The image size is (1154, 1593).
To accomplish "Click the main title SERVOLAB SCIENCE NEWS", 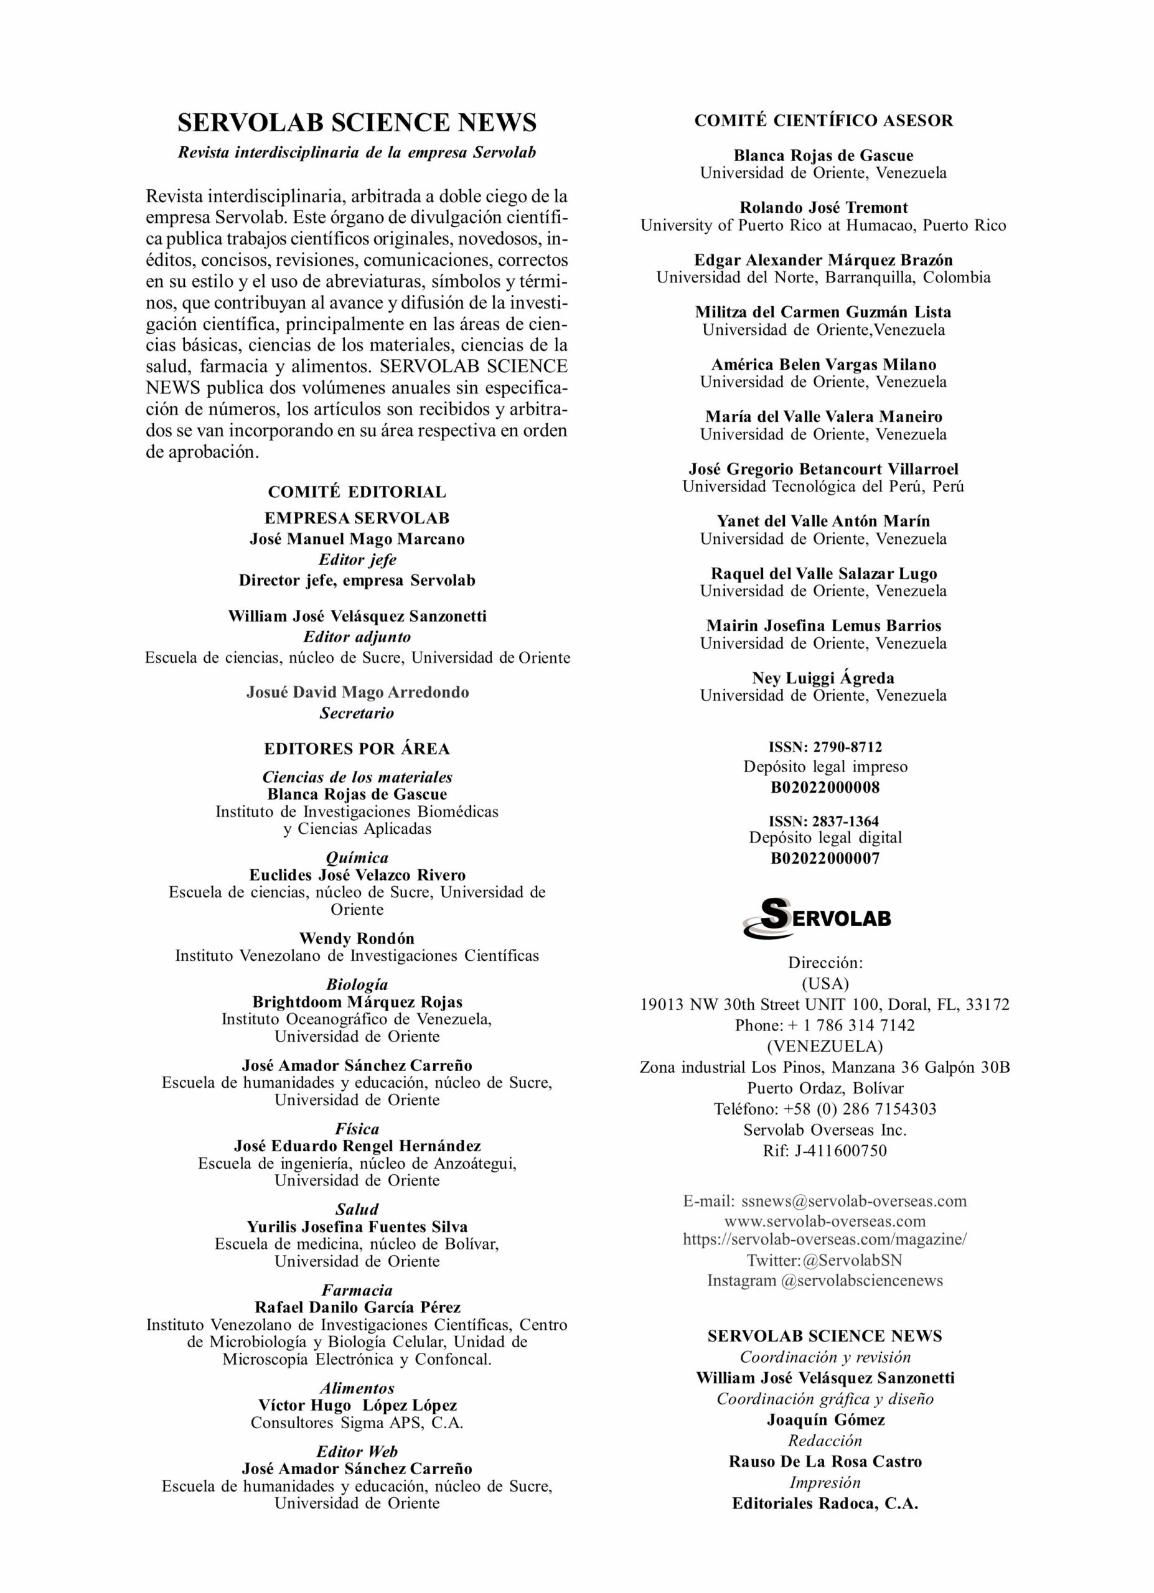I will tap(357, 123).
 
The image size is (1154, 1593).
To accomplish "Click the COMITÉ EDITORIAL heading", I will tap(357, 492).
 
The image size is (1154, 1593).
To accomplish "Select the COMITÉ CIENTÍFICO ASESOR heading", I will tap(824, 121).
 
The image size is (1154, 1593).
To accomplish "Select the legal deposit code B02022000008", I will tap(825, 787).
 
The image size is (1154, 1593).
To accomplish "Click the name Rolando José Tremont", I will tap(824, 207).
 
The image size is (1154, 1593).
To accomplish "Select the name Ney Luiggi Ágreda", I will tap(824, 678).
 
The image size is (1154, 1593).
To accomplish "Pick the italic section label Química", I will tap(357, 857).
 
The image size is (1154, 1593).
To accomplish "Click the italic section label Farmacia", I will tap(357, 1291).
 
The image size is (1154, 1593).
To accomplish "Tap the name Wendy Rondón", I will tap(357, 938).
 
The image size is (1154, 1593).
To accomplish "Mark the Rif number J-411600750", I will tap(841, 1151).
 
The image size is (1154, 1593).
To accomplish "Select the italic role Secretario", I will tap(357, 713).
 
